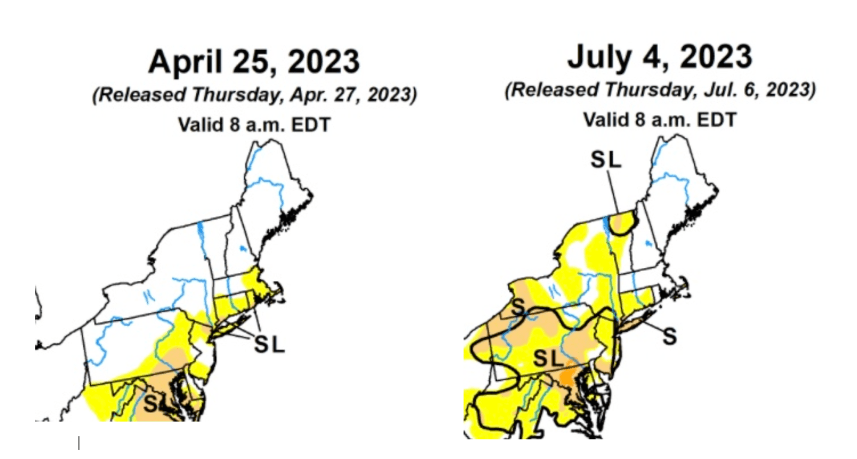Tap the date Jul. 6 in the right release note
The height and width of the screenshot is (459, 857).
point(732,90)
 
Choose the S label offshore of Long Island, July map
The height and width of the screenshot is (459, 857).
point(670,337)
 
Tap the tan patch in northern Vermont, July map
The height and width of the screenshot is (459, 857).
point(622,223)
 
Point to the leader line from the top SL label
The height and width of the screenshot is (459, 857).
point(613,191)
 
